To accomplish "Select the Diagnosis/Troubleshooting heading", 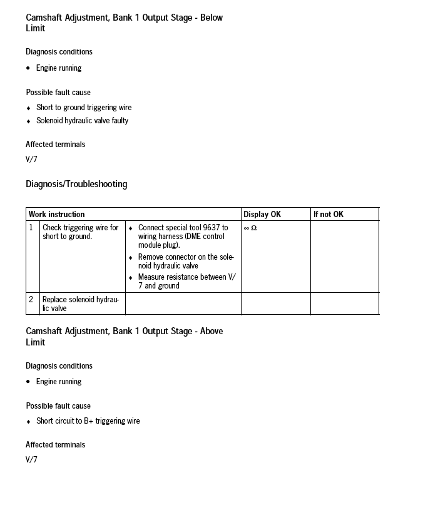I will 76,184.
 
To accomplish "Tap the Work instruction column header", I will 56,214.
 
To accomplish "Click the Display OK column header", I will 262,214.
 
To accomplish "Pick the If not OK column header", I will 329,214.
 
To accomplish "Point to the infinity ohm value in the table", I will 250,228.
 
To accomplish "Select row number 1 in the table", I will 31,228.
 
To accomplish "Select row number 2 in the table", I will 31,300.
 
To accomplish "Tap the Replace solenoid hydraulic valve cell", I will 80,303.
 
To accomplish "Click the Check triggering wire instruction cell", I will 80,232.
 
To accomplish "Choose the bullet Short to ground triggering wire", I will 84,108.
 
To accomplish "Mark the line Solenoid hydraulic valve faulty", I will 82,121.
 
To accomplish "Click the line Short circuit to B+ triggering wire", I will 88,421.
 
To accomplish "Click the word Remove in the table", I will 151,257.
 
